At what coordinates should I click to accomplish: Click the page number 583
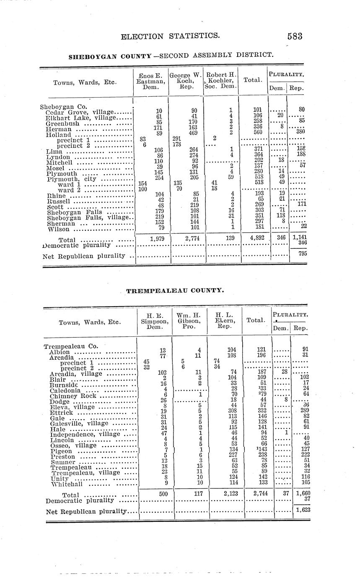(x=295, y=36)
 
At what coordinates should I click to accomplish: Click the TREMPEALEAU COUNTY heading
(x=175, y=290)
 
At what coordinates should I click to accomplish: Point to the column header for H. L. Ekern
(x=225, y=321)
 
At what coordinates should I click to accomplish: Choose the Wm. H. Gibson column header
(x=189, y=321)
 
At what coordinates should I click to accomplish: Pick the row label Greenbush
(x=62, y=124)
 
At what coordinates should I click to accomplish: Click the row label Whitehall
(x=66, y=484)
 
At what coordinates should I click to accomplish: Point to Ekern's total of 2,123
(x=228, y=494)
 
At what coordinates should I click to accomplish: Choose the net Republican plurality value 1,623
(x=302, y=510)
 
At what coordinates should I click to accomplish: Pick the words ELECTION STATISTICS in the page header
(x=170, y=36)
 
